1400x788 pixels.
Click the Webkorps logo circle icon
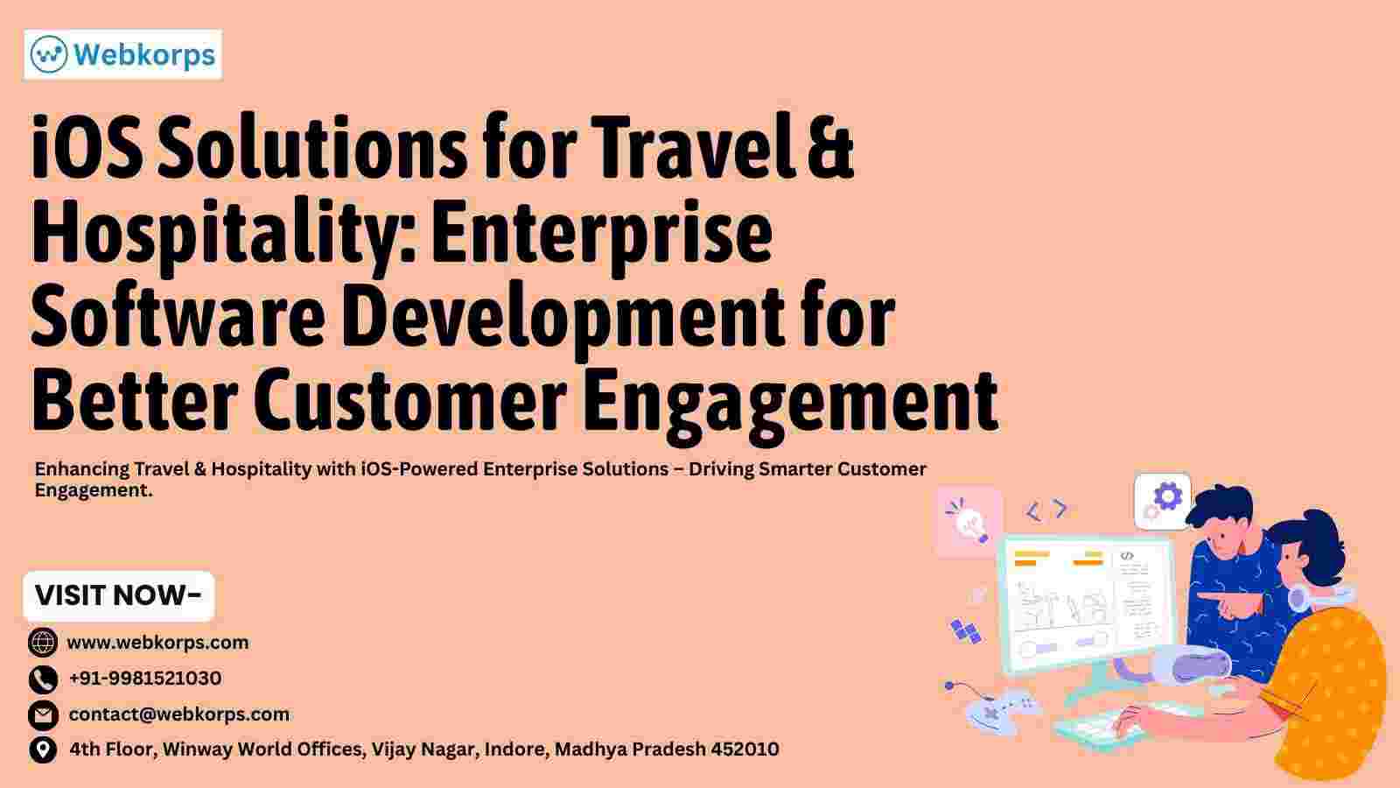click(x=49, y=54)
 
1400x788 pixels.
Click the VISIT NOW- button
click(x=119, y=595)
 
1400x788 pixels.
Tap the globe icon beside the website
click(x=43, y=643)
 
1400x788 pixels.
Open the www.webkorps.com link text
click(x=157, y=643)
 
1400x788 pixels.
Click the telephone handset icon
click(x=43, y=679)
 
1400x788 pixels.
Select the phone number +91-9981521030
click(x=145, y=678)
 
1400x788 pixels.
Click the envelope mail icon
click(x=43, y=715)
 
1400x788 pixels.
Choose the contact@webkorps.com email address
click(x=178, y=714)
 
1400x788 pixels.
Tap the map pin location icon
click(x=43, y=749)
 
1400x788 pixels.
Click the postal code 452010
click(x=745, y=749)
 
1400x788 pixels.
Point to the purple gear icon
click(x=1167, y=497)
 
